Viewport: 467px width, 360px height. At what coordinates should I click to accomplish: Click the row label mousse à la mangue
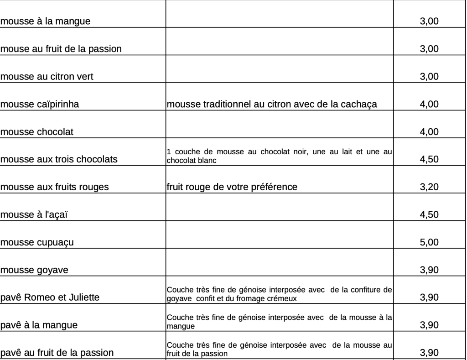[45, 21]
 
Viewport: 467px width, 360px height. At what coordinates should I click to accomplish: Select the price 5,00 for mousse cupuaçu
[429, 242]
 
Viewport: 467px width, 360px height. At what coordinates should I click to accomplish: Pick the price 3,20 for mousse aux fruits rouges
[429, 187]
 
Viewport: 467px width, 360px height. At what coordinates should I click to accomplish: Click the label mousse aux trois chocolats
[59, 160]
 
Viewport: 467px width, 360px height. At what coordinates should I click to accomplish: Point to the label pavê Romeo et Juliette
[50, 298]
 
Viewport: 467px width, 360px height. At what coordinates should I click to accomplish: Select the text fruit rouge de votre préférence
[232, 187]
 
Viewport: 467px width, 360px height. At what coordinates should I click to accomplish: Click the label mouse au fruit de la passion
[61, 49]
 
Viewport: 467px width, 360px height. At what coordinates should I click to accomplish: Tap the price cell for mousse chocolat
[429, 132]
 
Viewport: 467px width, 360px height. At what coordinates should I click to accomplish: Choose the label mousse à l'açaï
[34, 215]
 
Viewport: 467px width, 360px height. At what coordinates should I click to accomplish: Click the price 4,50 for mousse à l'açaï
[429, 215]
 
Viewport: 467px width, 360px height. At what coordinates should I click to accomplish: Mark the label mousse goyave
[34, 270]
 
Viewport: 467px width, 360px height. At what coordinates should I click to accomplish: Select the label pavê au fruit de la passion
[57, 353]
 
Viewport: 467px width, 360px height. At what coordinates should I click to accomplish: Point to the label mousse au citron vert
[47, 77]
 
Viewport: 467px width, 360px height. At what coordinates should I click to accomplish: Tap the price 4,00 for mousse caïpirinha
[429, 104]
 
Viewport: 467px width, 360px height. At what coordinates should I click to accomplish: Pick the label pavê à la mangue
[39, 325]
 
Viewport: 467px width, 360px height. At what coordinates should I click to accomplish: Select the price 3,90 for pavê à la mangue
[429, 325]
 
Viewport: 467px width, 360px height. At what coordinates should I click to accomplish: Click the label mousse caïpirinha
[40, 104]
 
